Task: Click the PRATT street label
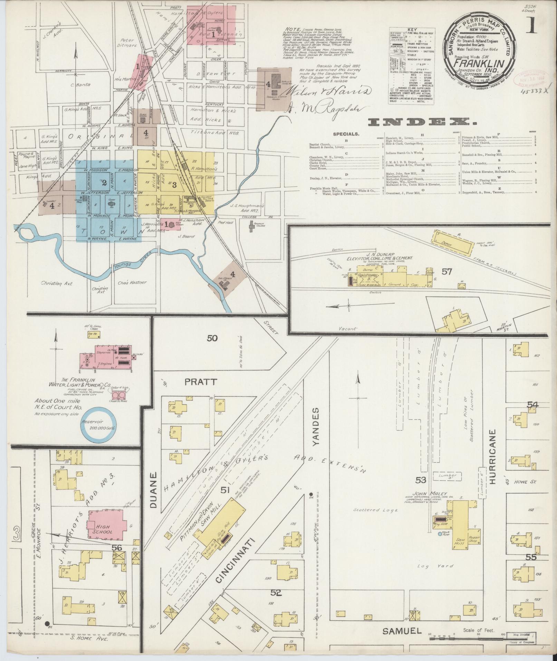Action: tap(200, 382)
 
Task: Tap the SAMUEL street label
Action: tap(402, 631)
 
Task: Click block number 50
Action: tap(212, 338)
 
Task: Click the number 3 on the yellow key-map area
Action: tap(175, 184)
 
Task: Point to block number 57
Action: tap(446, 272)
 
